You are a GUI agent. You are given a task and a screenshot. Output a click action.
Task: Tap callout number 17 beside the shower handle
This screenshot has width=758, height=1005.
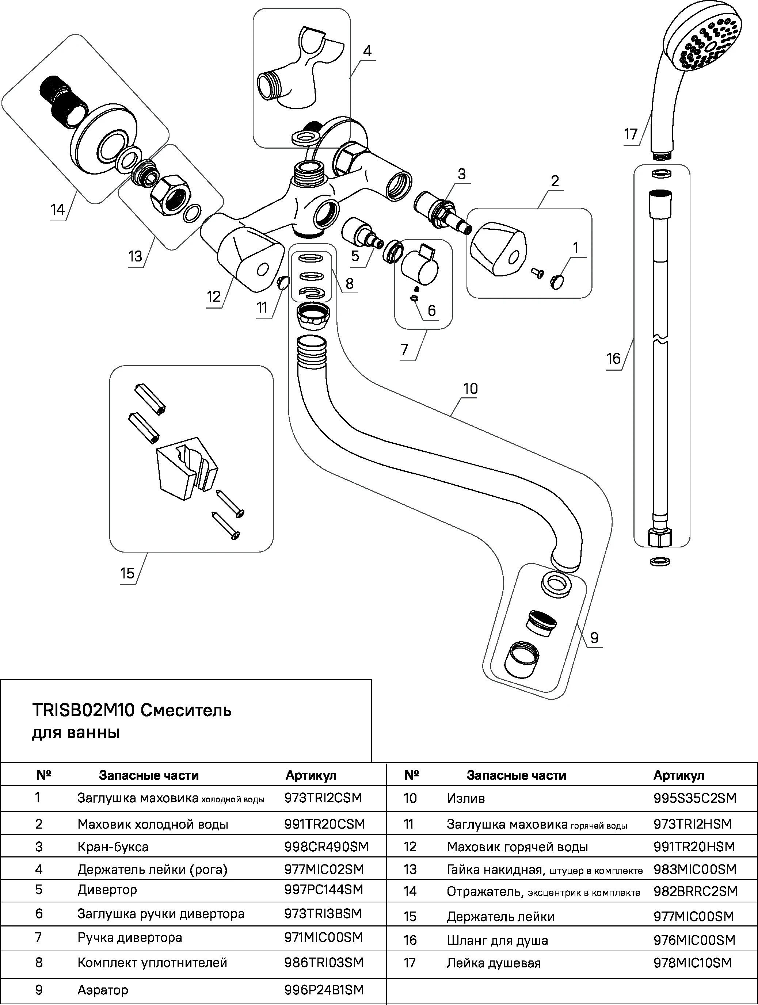click(x=631, y=134)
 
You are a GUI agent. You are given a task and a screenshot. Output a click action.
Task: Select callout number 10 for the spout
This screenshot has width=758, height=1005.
click(x=471, y=389)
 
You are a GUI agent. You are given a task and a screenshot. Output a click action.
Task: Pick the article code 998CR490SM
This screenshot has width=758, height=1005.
click(x=326, y=847)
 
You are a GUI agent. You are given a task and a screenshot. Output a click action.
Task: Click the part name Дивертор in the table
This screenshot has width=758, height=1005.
click(x=107, y=890)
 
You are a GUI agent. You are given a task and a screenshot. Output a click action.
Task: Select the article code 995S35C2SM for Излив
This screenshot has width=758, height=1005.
click(x=694, y=798)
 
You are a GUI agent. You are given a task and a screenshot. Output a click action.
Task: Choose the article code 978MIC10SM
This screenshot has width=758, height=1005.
click(x=693, y=963)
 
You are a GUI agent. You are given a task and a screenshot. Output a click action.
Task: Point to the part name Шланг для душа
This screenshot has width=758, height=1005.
click(x=497, y=940)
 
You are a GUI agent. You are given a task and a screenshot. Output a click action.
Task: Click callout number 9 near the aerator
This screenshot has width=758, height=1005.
click(x=594, y=638)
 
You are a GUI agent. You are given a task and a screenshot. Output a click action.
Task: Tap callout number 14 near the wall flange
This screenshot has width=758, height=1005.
click(x=58, y=210)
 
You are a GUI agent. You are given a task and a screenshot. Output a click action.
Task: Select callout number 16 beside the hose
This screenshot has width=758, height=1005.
click(x=613, y=359)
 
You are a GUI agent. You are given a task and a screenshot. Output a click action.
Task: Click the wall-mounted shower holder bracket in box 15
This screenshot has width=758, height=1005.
click(x=186, y=468)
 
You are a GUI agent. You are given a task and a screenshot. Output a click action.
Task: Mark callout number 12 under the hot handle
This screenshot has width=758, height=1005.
click(x=214, y=297)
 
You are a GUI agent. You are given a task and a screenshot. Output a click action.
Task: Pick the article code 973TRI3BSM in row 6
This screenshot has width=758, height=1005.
click(x=323, y=914)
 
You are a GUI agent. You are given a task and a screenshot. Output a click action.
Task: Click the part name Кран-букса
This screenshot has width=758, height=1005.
click(x=113, y=847)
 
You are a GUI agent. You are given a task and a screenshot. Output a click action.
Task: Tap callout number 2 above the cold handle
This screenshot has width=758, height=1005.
click(x=555, y=181)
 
